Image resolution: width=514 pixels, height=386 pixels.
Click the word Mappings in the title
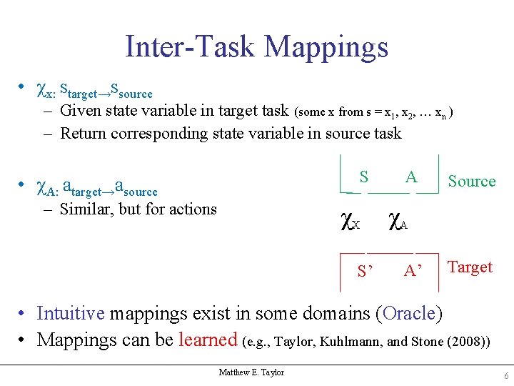tap(326, 47)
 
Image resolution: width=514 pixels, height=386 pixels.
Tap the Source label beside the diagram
tap(471, 182)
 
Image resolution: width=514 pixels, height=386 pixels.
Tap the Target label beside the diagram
tap(470, 267)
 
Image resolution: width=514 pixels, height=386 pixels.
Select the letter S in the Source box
tap(364, 177)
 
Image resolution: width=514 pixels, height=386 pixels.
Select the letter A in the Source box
tap(411, 177)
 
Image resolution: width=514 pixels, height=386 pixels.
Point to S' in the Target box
tap(366, 271)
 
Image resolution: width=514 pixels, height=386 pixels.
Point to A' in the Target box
tap(413, 271)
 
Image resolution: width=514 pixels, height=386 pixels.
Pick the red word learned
tap(208, 340)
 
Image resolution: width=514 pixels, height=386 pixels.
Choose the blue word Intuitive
tap(71, 314)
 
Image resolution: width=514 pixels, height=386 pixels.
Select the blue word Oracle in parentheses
tap(409, 314)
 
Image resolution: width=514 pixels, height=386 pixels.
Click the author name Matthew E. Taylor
tap(251, 372)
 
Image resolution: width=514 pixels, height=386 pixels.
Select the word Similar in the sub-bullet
tap(84, 209)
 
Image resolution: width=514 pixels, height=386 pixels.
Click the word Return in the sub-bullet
tap(83, 133)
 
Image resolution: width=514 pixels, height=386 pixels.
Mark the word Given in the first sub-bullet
tap(80, 111)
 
